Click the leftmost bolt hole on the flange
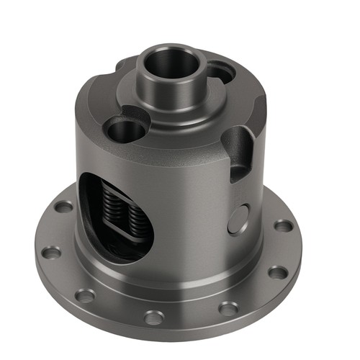52,253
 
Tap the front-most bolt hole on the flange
154,316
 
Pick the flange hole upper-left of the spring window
64,207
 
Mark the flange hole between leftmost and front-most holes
85,295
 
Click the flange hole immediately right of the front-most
228,308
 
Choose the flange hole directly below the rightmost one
278,272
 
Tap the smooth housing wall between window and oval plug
191,209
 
